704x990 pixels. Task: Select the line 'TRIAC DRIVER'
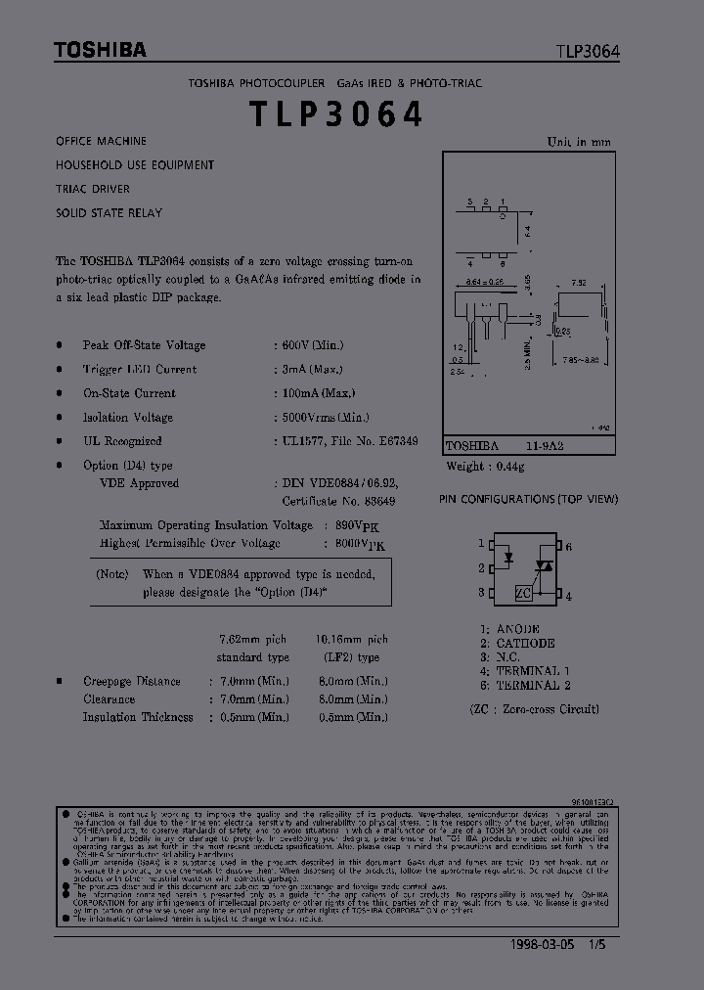(93, 189)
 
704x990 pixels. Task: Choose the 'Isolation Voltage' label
(127, 418)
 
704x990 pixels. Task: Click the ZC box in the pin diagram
(524, 593)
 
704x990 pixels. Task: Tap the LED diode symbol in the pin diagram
(508, 559)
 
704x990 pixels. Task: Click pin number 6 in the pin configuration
(568, 546)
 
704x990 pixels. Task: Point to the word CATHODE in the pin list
(525, 644)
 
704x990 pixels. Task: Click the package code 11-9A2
(545, 445)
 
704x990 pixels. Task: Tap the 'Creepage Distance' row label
(131, 682)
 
